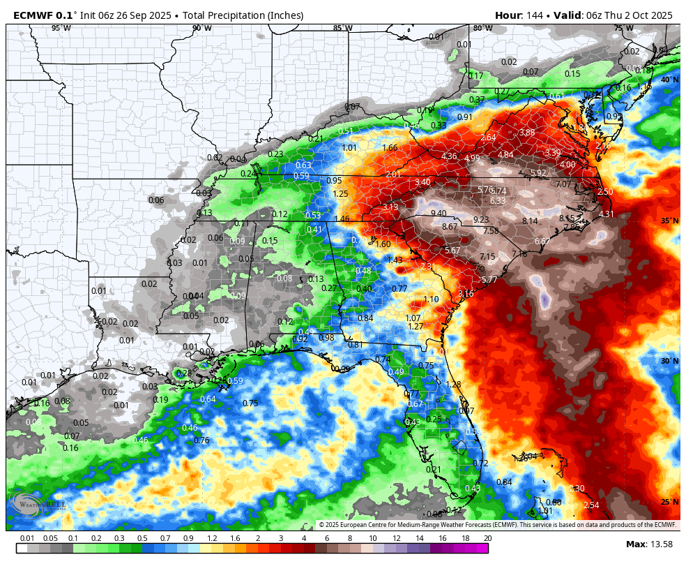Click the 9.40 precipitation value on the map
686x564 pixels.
[439, 214]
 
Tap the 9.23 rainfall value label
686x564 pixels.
[481, 220]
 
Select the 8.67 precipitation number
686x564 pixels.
[450, 227]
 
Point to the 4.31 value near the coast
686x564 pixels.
[607, 214]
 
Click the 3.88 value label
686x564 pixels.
[527, 133]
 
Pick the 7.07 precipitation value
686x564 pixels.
[563, 184]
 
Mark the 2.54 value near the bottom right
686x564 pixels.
[591, 505]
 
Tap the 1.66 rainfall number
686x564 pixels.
[390, 148]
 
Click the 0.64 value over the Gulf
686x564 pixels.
[208, 399]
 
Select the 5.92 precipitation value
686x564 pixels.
[538, 173]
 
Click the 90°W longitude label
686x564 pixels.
[202, 28]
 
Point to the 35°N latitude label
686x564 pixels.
[670, 221]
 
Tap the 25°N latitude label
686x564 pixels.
[670, 502]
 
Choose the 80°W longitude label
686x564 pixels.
[482, 28]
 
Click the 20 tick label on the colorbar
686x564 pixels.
[487, 538]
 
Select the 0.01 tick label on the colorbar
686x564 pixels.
[27, 538]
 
